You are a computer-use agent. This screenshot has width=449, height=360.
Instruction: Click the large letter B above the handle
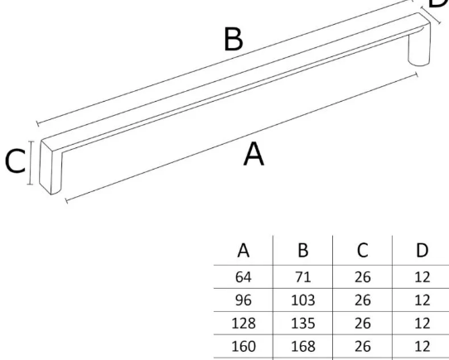[234, 39]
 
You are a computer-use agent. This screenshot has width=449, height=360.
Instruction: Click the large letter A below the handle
[253, 154]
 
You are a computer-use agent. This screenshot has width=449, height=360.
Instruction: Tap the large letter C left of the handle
[16, 161]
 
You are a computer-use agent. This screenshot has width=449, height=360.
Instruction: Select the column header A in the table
[244, 250]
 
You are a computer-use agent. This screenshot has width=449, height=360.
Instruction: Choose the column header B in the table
[303, 250]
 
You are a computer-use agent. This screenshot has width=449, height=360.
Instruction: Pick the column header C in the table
[363, 250]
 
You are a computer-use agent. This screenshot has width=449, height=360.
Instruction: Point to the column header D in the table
[422, 250]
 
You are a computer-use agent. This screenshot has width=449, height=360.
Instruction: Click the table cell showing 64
[244, 277]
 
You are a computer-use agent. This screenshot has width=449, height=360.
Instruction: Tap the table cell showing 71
[303, 277]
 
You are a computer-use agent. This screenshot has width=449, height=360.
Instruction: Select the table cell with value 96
[244, 300]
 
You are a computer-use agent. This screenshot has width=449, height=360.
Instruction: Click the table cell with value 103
[303, 300]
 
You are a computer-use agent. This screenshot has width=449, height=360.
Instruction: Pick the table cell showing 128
[244, 324]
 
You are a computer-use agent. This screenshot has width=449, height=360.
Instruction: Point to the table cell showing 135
[303, 324]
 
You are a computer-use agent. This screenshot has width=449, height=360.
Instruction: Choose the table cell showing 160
[244, 346]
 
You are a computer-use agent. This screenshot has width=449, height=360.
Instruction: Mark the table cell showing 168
[303, 346]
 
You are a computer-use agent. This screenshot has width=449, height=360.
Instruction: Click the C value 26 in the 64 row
[363, 277]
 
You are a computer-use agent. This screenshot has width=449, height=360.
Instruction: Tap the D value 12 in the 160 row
[422, 346]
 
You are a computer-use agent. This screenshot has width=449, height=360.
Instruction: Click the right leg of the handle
[419, 46]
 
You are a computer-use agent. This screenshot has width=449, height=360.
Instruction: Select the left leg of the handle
[51, 169]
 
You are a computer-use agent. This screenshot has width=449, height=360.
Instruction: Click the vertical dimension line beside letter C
[31, 163]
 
